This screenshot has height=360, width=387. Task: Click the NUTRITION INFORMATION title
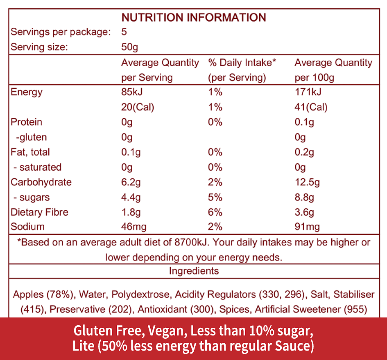(x=194, y=18)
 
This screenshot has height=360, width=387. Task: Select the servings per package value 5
(x=124, y=32)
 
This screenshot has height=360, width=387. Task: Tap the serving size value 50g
(x=129, y=47)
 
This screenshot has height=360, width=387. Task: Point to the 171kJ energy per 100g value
(x=308, y=92)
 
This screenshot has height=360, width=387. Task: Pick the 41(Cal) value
(x=311, y=107)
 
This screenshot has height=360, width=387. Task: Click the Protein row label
(x=26, y=122)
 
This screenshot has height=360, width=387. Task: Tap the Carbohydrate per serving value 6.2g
(x=131, y=182)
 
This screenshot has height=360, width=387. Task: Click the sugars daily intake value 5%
(x=215, y=198)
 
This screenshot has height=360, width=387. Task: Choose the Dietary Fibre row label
(x=39, y=212)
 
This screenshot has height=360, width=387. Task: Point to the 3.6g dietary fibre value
(x=304, y=212)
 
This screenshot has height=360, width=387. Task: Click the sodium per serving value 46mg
(x=134, y=227)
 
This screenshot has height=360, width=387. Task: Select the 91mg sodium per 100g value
(x=307, y=227)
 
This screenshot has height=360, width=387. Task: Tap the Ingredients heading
(x=194, y=271)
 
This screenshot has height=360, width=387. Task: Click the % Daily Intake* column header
(x=242, y=63)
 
